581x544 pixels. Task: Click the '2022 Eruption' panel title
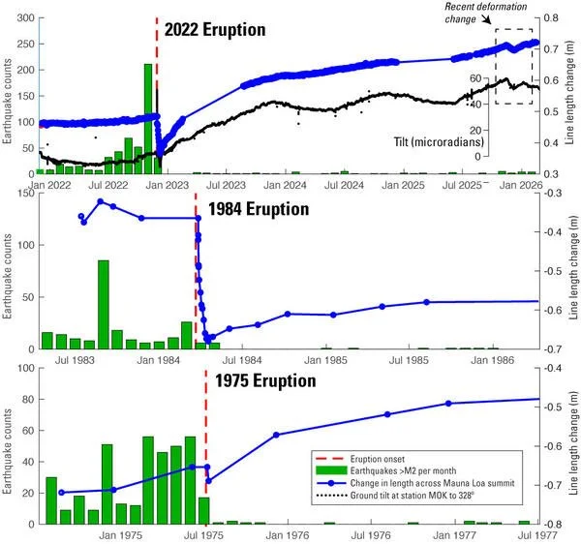click(214, 29)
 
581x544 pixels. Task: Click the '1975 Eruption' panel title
click(265, 380)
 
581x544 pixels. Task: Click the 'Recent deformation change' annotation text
click(486, 13)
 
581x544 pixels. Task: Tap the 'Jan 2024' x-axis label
click(287, 184)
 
